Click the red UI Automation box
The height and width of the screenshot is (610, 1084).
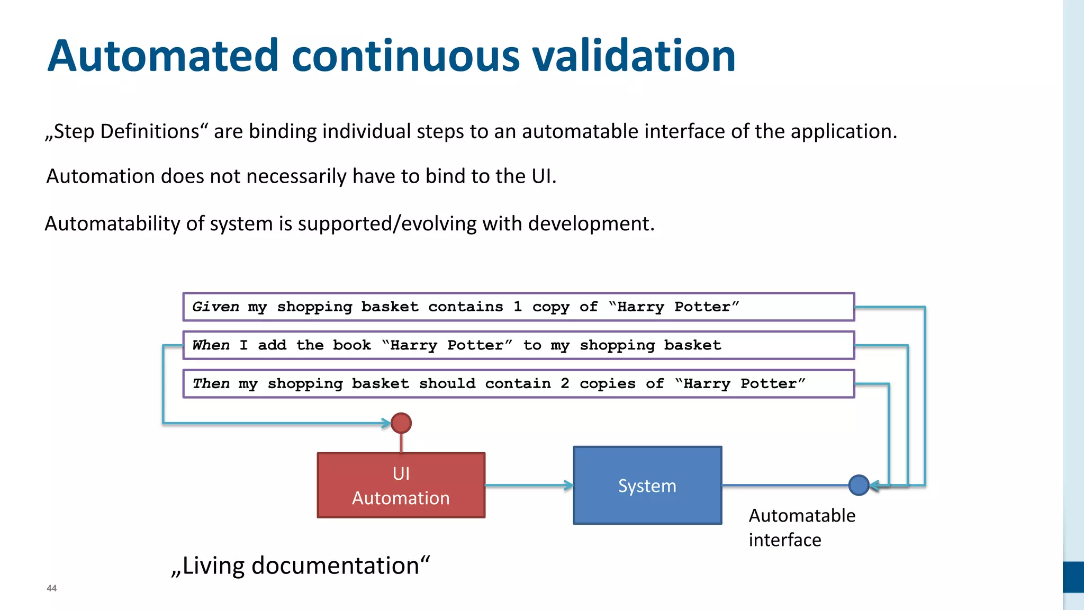pyautogui.click(x=401, y=485)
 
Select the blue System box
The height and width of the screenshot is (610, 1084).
pyautogui.click(x=647, y=485)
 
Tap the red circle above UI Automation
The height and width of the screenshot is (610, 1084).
pyautogui.click(x=401, y=423)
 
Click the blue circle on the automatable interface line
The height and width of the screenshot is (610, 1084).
pyautogui.click(x=859, y=485)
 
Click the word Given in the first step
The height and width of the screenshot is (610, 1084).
pyautogui.click(x=215, y=307)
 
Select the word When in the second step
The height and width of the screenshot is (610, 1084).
pyautogui.click(x=211, y=345)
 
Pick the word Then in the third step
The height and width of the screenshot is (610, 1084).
pyautogui.click(x=211, y=383)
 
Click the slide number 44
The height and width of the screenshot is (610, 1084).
pyautogui.click(x=51, y=588)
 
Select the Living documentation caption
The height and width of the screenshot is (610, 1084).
pyautogui.click(x=300, y=565)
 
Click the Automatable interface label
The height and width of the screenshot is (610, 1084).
pyautogui.click(x=801, y=527)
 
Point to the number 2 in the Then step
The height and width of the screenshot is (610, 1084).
pyautogui.click(x=565, y=383)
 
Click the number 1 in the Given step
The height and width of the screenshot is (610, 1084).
pyautogui.click(x=518, y=307)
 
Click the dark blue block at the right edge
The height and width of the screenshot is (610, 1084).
pyautogui.click(x=1073, y=577)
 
